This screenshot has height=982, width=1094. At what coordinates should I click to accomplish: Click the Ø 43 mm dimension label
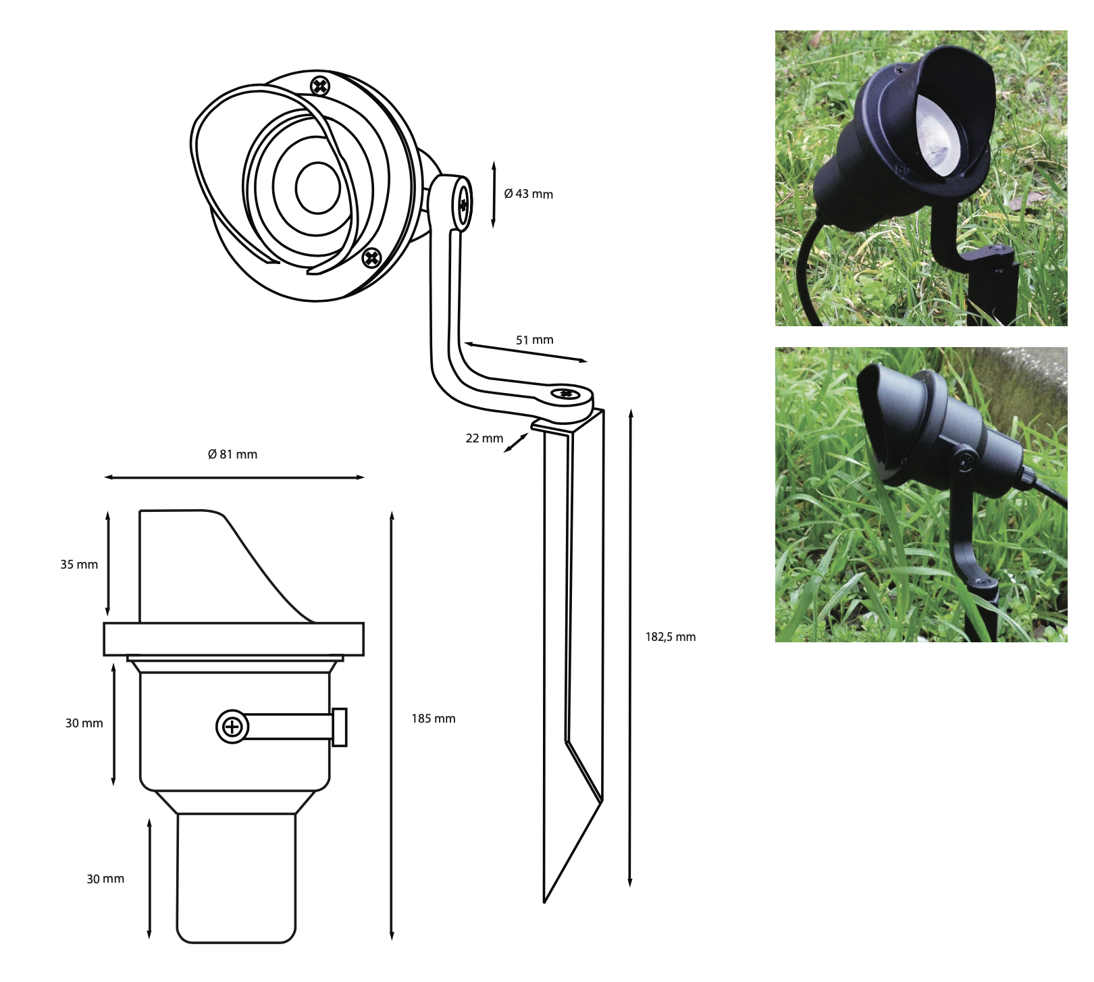[x=528, y=194]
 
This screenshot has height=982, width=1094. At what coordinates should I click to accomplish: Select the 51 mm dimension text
[x=534, y=340]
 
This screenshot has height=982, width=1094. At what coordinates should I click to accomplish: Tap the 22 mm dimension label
[x=484, y=438]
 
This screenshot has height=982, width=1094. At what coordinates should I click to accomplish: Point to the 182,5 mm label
[x=670, y=637]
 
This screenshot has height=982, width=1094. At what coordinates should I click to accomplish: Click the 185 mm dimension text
[x=434, y=719]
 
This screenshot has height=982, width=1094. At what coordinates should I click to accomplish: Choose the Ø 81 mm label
[x=232, y=455]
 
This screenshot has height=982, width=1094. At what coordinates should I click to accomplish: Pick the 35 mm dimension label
[x=79, y=565]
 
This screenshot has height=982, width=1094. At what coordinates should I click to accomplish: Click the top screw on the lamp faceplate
[x=320, y=86]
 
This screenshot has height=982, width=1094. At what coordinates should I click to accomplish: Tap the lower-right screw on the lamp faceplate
[x=372, y=257]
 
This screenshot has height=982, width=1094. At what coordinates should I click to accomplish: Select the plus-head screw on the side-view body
[x=232, y=727]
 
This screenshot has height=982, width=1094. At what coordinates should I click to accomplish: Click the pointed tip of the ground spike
[x=544, y=901]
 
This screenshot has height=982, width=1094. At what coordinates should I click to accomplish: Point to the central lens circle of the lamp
[x=318, y=187]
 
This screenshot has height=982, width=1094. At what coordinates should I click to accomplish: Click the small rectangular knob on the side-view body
[x=340, y=727]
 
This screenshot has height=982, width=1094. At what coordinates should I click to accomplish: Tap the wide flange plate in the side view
[x=234, y=639]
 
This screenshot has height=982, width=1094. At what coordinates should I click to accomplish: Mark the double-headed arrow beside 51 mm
[x=526, y=353]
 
